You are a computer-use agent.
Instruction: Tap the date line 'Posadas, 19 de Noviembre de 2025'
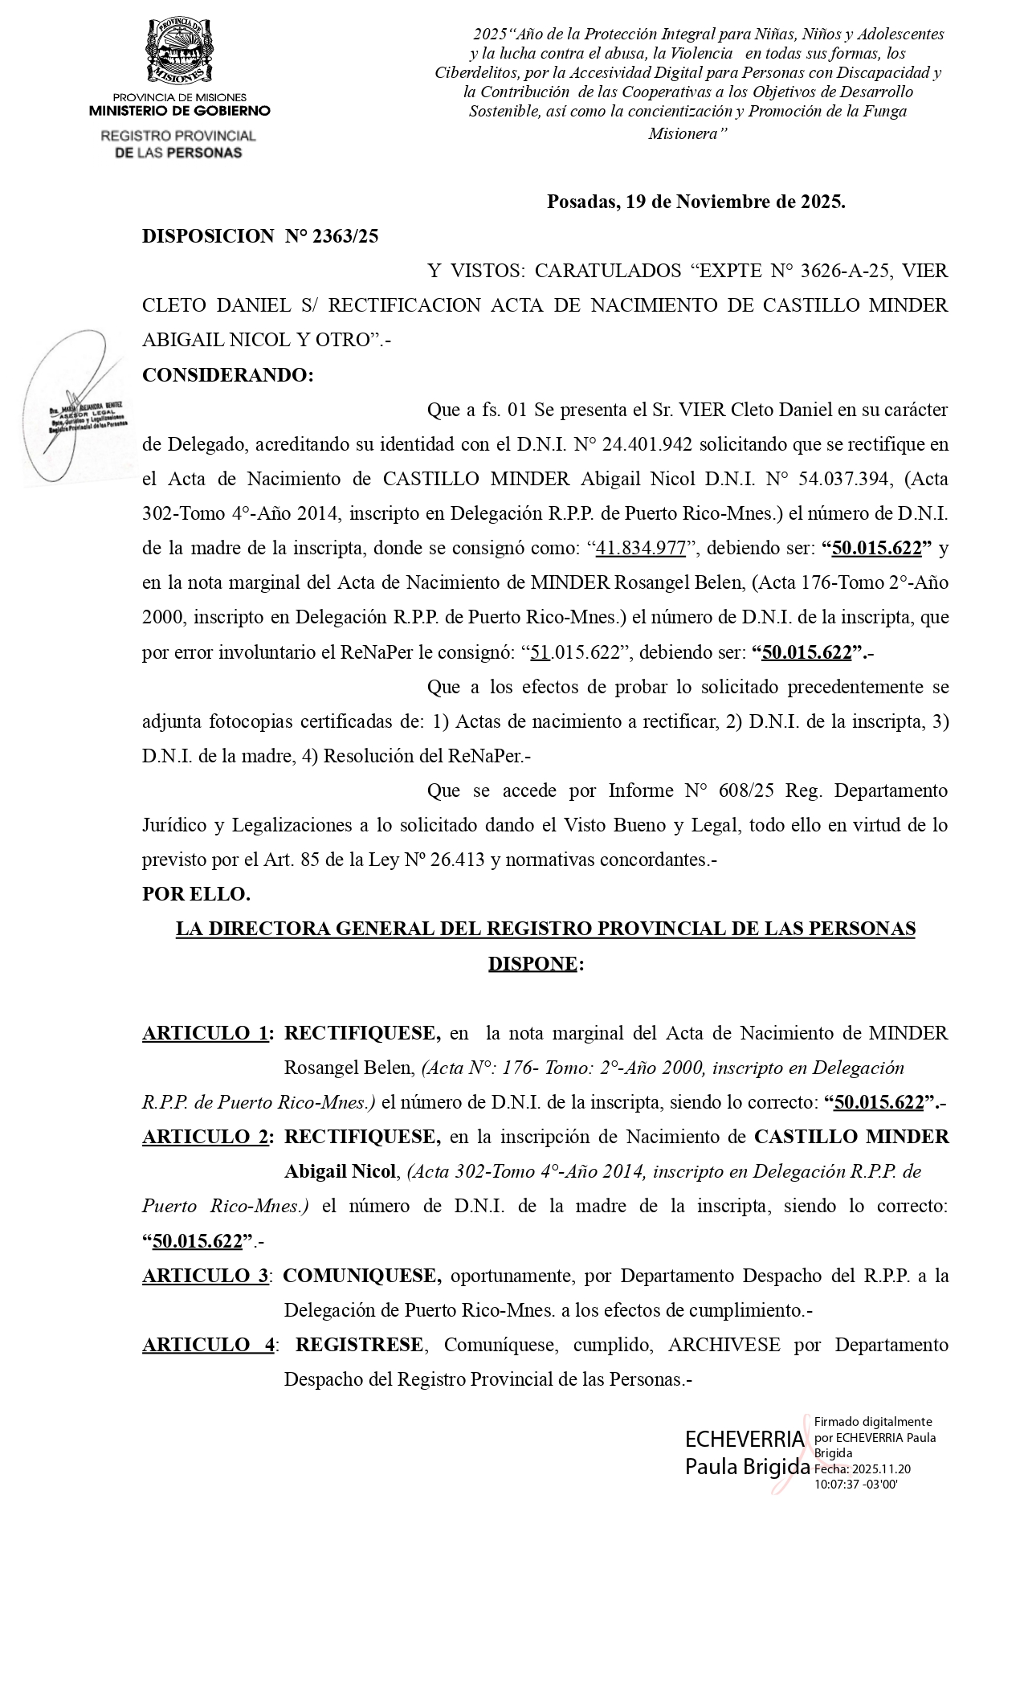pyautogui.click(x=696, y=202)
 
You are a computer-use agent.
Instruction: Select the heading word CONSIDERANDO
pyautogui.click(x=227, y=375)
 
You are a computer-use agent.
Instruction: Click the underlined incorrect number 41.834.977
pyautogui.click(x=641, y=549)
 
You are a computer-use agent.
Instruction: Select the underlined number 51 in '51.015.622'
pyautogui.click(x=540, y=652)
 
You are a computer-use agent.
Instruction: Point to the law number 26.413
pyautogui.click(x=458, y=860)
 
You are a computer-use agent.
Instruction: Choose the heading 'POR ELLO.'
pyautogui.click(x=197, y=894)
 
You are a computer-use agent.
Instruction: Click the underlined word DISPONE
pyautogui.click(x=532, y=963)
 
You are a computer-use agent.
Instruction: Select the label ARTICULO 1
pyautogui.click(x=206, y=1033)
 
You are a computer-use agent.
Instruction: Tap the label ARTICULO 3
pyautogui.click(x=206, y=1276)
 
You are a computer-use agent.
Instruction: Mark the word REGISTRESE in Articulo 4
pyautogui.click(x=359, y=1345)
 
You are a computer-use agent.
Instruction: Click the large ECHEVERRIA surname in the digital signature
pyautogui.click(x=744, y=1439)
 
